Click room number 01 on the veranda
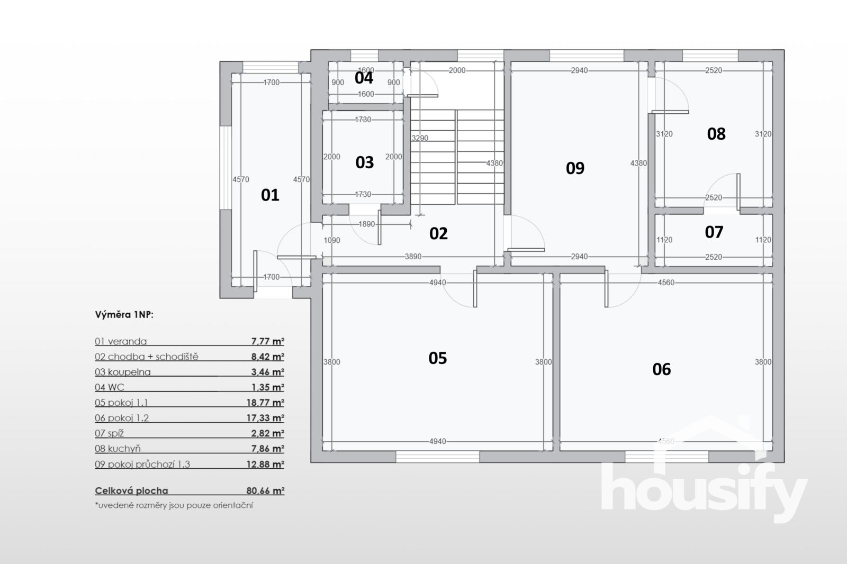270,195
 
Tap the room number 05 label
437,358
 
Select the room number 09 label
575,168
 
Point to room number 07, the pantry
714,232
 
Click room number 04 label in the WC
364,78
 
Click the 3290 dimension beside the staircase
420,138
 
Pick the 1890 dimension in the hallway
366,224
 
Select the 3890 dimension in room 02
413,257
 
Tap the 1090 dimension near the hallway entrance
332,240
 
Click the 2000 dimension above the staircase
457,70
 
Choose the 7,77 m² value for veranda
268,341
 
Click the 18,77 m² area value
265,403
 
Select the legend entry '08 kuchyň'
118,449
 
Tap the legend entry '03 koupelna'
122,372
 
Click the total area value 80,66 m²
265,490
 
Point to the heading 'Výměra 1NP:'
124,315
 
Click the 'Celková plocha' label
131,490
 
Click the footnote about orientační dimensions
174,505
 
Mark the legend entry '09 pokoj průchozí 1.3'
142,464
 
